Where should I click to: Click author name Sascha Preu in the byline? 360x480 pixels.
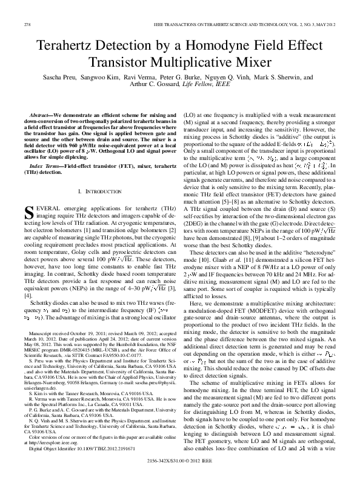click(x=59, y=78)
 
